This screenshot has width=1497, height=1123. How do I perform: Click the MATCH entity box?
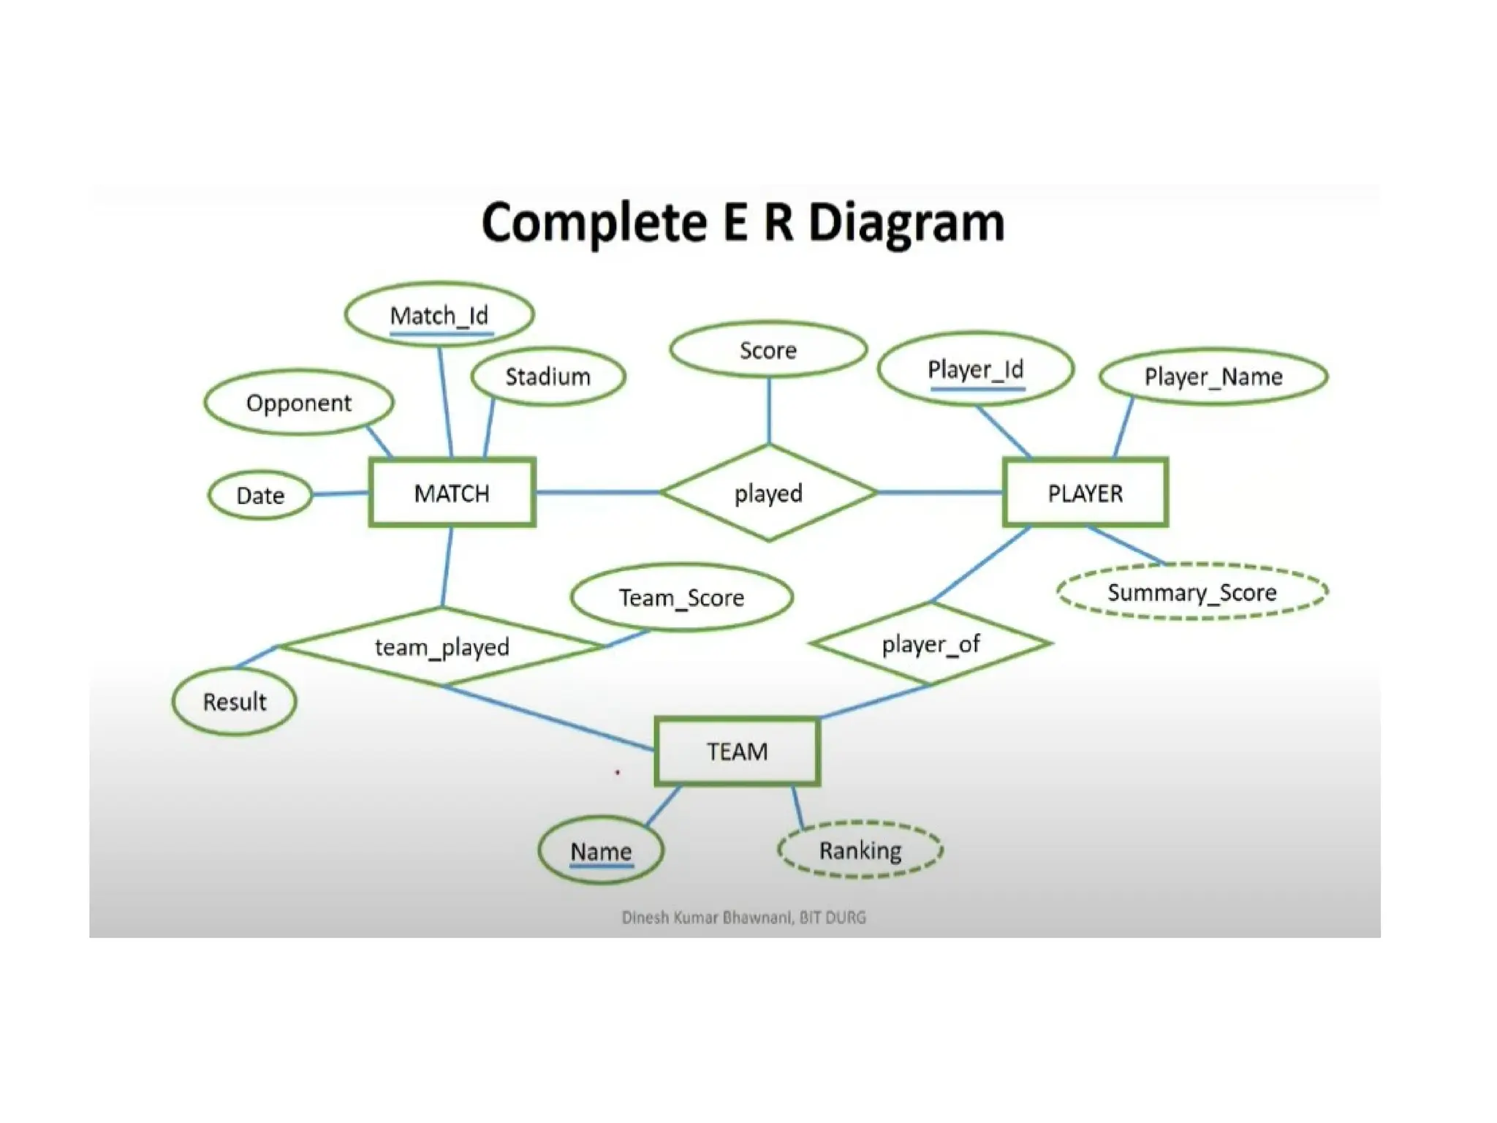pyautogui.click(x=452, y=493)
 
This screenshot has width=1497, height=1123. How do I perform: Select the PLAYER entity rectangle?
pyautogui.click(x=1085, y=493)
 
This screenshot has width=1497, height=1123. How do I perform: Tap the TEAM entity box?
pyautogui.click(x=737, y=752)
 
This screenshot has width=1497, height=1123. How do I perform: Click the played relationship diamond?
pyautogui.click(x=768, y=493)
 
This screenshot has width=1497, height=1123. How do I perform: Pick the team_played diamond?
pyautogui.click(x=441, y=646)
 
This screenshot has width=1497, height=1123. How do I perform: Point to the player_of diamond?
pyautogui.click(x=930, y=644)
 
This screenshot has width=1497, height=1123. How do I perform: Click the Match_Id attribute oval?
pyautogui.click(x=439, y=315)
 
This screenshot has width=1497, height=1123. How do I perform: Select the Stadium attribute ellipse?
pyautogui.click(x=548, y=377)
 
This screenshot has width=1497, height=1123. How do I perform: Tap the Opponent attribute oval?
pyautogui.click(x=298, y=403)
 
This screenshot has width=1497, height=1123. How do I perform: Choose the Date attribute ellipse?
pyautogui.click(x=260, y=495)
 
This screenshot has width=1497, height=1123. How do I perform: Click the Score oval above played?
pyautogui.click(x=768, y=350)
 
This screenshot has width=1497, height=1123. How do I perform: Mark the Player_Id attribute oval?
pyautogui.click(x=975, y=369)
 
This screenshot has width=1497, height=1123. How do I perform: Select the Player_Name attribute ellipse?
pyautogui.click(x=1213, y=377)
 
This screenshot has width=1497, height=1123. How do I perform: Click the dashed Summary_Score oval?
pyautogui.click(x=1191, y=592)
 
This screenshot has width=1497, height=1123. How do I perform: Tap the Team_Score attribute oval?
pyautogui.click(x=681, y=597)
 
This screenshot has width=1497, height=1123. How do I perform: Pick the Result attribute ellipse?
pyautogui.click(x=234, y=701)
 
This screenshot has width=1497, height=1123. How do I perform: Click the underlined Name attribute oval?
pyautogui.click(x=601, y=851)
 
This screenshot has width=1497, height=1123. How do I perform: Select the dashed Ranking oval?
pyautogui.click(x=860, y=850)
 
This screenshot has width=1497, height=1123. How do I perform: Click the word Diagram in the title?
pyautogui.click(x=906, y=222)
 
